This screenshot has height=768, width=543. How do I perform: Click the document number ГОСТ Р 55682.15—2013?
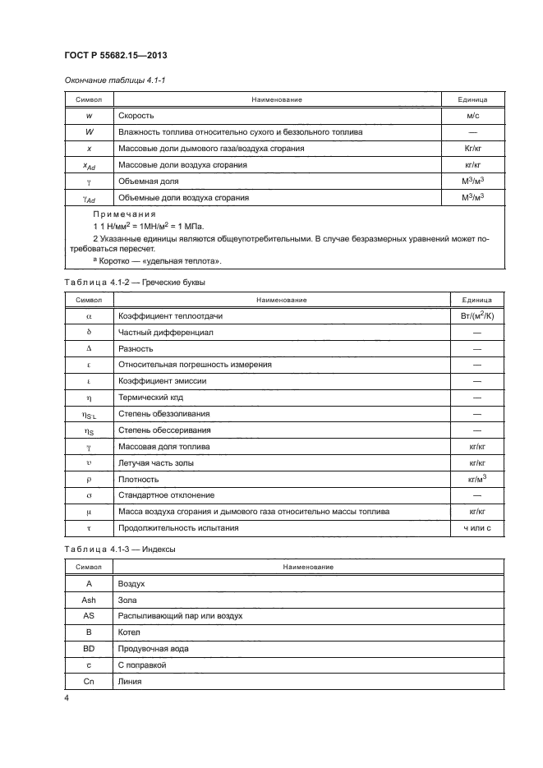click(117, 56)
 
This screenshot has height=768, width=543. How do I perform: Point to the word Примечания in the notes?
click(119, 213)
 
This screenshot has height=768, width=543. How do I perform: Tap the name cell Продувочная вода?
click(154, 648)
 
